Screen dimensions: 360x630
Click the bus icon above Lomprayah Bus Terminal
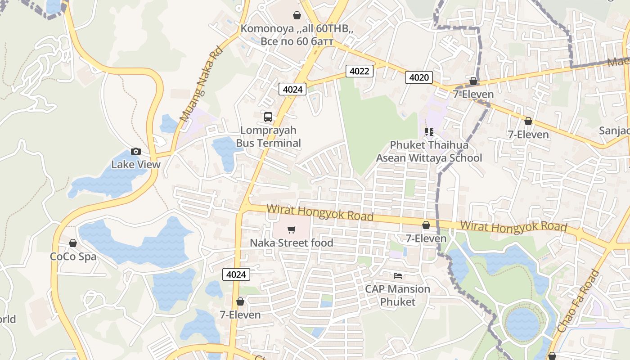[268, 117]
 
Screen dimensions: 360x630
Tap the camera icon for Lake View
[135, 151]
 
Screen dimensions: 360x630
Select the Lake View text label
[135, 164]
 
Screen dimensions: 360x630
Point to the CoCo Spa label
[73, 256]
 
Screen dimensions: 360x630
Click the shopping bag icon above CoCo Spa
[73, 243]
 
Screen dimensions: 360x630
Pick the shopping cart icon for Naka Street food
[291, 230]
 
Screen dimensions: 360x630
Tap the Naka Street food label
[291, 243]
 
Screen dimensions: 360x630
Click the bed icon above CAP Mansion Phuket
[397, 275]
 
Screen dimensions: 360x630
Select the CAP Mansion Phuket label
[397, 295]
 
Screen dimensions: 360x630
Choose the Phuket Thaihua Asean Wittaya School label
[429, 152]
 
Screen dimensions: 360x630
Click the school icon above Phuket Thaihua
[429, 132]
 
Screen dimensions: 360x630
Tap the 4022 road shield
[360, 71]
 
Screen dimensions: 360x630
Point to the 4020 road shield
[418, 77]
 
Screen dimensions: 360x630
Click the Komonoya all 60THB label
[297, 35]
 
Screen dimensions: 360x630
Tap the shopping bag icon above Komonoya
[297, 16]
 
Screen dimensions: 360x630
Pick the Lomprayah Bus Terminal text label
[269, 137]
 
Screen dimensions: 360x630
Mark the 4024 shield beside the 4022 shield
[292, 89]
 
